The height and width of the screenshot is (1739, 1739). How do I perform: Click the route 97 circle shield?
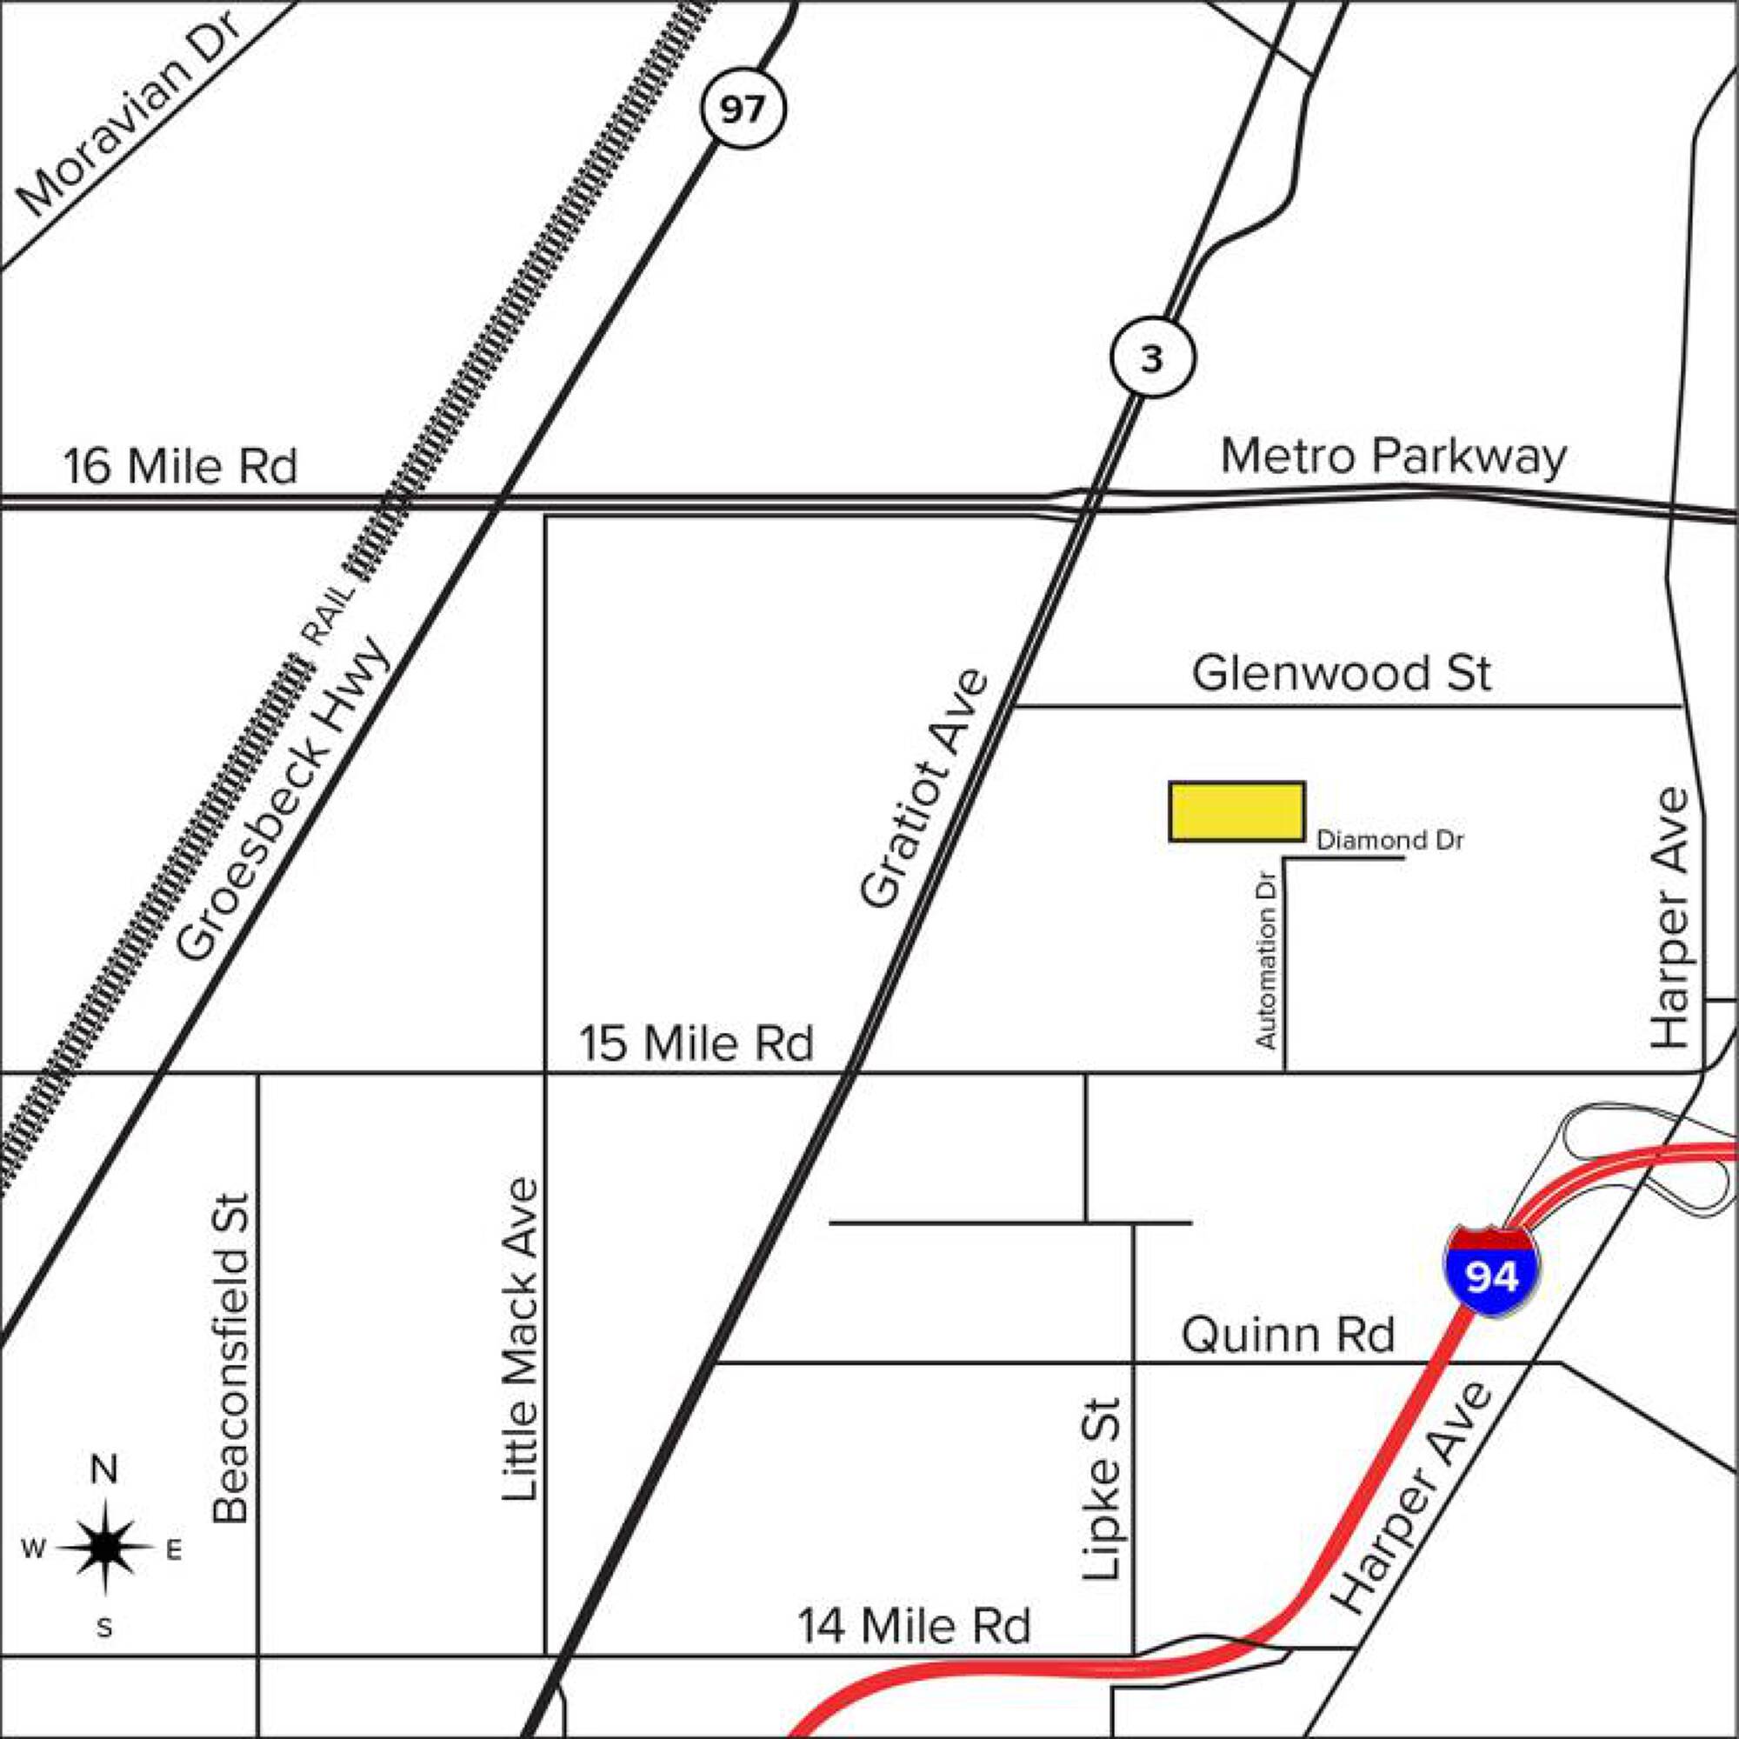click(743, 110)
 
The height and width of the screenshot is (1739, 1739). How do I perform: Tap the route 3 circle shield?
click(1152, 359)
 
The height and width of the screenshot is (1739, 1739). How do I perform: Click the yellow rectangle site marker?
click(1236, 812)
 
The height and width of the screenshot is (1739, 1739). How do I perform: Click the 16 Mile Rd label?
click(180, 467)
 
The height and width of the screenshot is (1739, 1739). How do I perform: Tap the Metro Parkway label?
click(1393, 457)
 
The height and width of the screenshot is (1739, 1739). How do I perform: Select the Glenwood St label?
click(1341, 673)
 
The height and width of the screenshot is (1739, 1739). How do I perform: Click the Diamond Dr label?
click(1389, 841)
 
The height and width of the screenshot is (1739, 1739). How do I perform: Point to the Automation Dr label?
click(1267, 961)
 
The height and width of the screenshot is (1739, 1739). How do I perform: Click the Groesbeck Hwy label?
click(284, 799)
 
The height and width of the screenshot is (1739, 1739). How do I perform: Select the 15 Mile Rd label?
click(696, 1044)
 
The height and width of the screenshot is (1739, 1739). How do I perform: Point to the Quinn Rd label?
click(1287, 1335)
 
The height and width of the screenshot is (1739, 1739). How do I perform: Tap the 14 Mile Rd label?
click(914, 1627)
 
